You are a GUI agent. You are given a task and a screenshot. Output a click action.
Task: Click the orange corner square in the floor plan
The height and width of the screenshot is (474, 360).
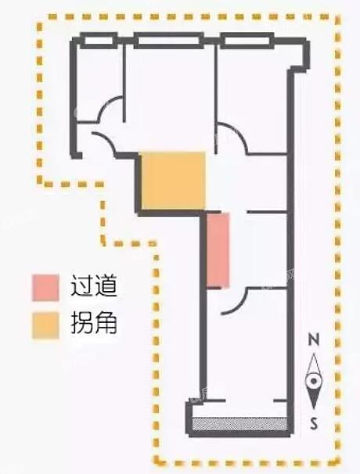[174, 181]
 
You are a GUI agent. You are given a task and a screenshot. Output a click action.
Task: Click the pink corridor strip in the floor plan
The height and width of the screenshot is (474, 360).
[218, 250]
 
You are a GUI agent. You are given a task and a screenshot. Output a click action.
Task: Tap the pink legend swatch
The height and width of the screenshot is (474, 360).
[45, 288]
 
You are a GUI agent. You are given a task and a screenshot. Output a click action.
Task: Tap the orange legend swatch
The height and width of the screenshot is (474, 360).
[45, 325]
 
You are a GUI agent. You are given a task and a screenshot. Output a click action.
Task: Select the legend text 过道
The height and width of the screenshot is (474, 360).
[93, 285]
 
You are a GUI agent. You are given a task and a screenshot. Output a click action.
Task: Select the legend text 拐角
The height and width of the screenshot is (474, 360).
[93, 322]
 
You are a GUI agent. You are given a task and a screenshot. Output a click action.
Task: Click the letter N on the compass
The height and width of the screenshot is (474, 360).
[314, 339]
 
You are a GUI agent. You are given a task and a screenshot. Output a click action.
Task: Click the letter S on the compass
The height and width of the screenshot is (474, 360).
[314, 423]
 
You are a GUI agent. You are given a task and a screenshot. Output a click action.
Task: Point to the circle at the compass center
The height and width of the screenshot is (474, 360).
[314, 381]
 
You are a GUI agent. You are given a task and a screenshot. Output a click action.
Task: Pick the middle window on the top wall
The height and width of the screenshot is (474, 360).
[168, 41]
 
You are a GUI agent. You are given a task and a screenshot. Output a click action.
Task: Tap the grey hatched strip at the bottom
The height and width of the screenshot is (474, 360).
[239, 424]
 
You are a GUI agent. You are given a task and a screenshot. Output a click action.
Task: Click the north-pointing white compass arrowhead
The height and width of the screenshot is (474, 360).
[314, 364]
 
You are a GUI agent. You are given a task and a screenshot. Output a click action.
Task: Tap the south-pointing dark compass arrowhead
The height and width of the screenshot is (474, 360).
[314, 398]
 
